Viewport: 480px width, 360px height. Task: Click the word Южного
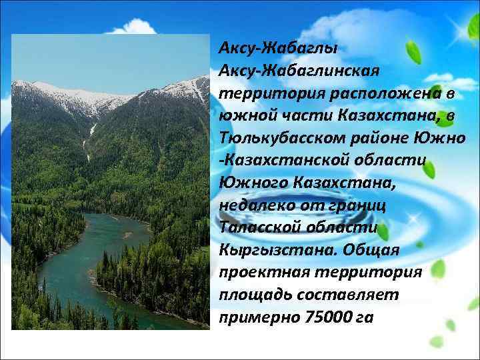[249, 183]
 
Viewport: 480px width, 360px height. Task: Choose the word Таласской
[258, 227]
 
